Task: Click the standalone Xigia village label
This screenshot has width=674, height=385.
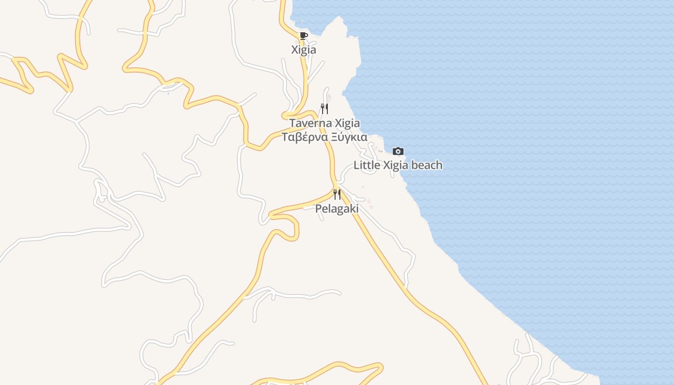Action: (304, 50)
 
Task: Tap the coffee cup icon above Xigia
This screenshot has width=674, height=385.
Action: (303, 36)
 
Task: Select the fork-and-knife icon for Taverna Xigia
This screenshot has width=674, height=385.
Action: (324, 109)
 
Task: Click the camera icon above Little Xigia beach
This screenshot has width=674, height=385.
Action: (398, 151)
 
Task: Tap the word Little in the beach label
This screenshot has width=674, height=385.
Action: (367, 165)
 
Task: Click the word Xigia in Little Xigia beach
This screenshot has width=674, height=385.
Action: (395, 165)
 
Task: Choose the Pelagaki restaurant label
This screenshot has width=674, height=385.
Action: (337, 209)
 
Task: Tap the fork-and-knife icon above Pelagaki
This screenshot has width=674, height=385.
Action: (337, 194)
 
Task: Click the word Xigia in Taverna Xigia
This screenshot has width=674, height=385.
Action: (347, 123)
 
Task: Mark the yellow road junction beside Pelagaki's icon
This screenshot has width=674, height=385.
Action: (335, 188)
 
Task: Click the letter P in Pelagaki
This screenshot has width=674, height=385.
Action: (318, 209)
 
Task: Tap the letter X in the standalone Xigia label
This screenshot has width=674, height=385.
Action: (295, 50)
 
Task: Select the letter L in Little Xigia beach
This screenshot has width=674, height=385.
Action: (357, 165)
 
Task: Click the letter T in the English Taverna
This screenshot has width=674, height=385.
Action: (292, 123)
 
